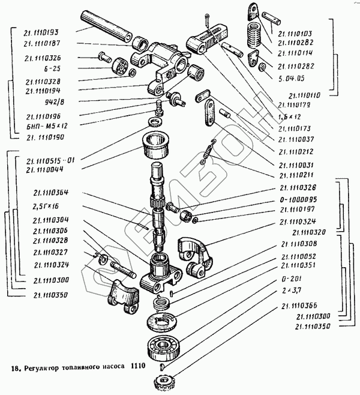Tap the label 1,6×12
click(x=290, y=116)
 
